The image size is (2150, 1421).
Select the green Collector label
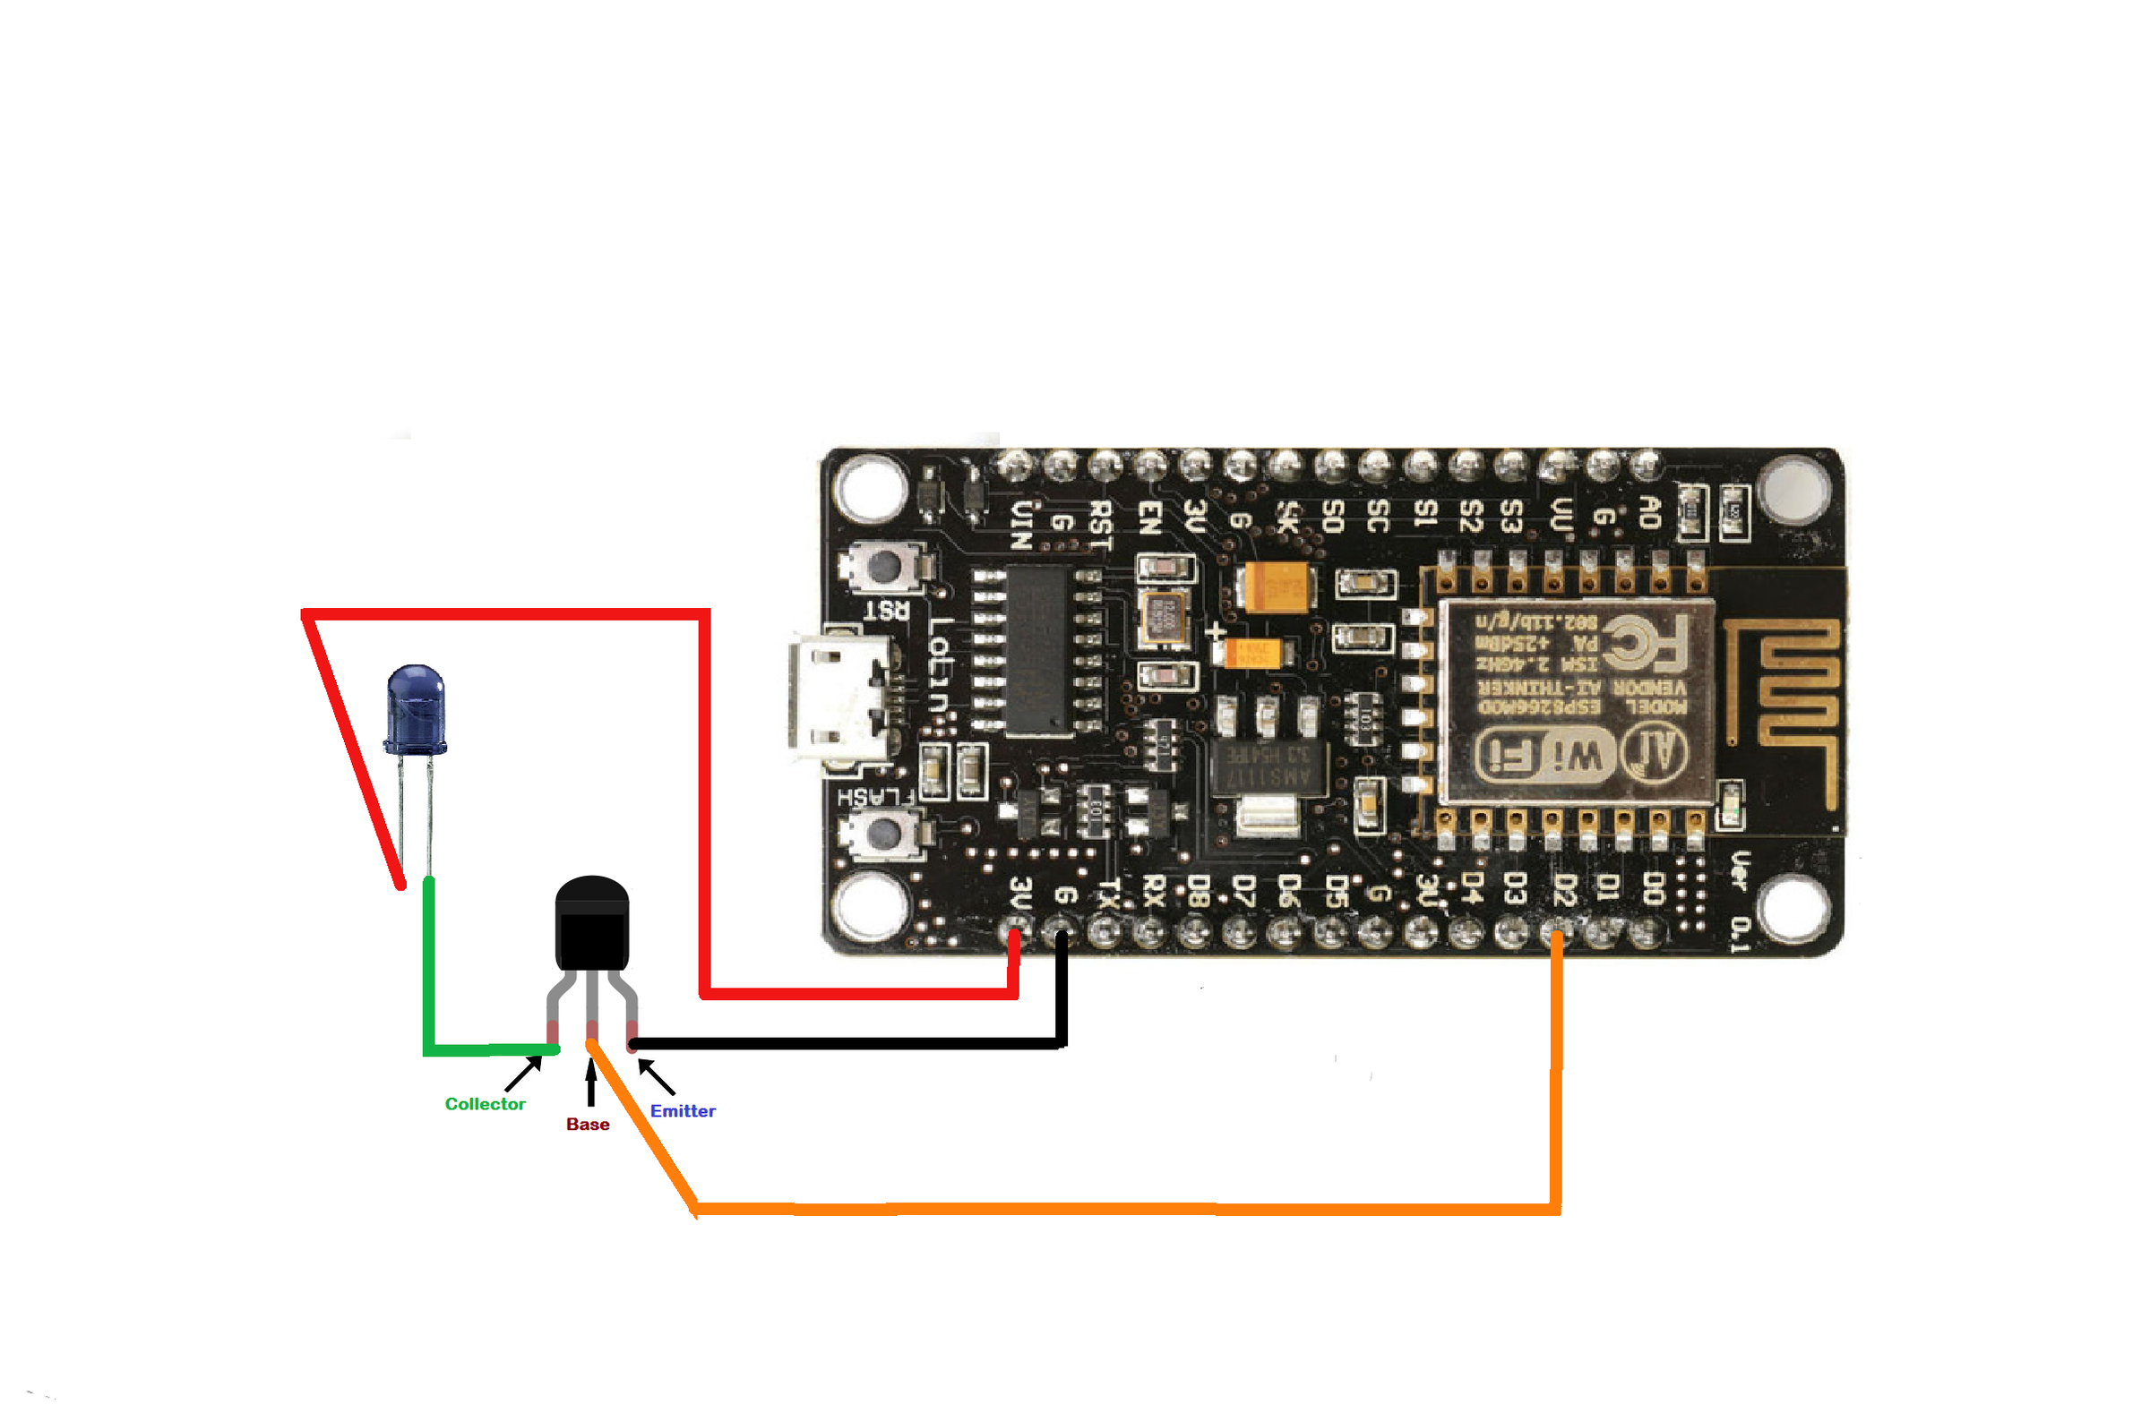coord(484,1104)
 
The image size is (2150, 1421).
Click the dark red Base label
coord(588,1124)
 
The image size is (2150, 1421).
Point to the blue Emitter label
coord(682,1111)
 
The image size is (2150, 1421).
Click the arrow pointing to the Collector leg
coord(523,1074)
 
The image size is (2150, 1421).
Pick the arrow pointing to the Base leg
coord(591,1083)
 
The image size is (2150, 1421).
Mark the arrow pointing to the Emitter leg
coord(657,1077)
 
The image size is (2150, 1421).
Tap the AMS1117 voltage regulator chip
coord(1269,766)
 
